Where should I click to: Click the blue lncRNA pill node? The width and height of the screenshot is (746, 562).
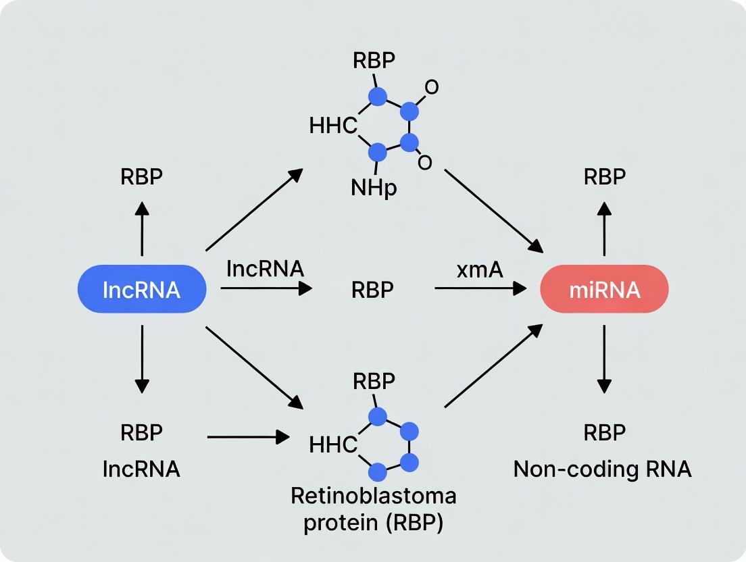(142, 289)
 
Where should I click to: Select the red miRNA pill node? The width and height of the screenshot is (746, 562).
(605, 289)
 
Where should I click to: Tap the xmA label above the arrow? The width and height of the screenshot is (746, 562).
(479, 270)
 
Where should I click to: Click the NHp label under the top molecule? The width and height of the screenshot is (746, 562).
(374, 187)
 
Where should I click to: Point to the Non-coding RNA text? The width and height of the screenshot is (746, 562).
(602, 469)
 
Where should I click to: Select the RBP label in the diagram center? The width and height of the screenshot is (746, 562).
(372, 290)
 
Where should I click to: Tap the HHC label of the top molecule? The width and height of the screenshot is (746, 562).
(332, 125)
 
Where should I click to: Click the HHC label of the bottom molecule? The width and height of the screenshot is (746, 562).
(332, 444)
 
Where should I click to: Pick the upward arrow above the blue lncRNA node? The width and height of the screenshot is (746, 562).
(142, 228)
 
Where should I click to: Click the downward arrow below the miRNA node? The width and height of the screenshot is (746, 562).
(604, 358)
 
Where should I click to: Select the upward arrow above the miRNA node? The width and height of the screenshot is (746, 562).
(604, 228)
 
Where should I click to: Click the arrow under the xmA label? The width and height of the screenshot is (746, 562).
(480, 288)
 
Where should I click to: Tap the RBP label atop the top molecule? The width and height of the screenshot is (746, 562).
(374, 61)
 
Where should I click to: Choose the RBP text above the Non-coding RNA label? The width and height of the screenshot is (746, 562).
(604, 432)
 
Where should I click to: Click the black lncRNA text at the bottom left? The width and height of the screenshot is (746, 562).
(141, 469)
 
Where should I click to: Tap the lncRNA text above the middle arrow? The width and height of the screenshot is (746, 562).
(265, 268)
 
